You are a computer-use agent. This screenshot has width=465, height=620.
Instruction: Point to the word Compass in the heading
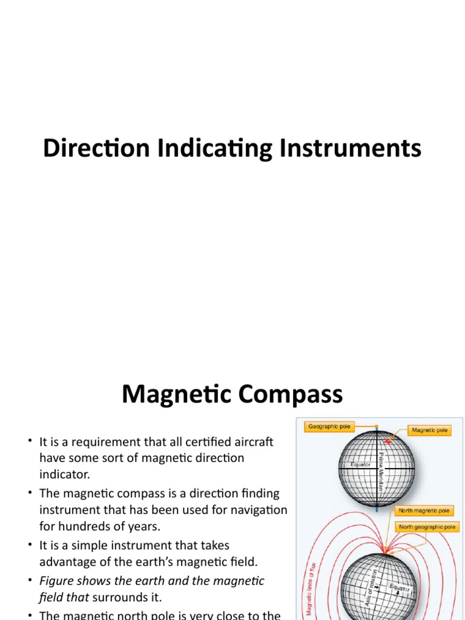point(293,395)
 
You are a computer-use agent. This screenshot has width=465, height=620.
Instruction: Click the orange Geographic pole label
point(329,426)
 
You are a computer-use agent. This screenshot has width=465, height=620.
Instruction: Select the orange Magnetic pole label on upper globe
point(430,430)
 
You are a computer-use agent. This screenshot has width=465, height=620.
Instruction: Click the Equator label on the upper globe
point(360,465)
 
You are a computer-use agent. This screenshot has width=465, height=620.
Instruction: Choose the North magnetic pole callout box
point(424,511)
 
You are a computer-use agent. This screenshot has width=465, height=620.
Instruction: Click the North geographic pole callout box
point(427,527)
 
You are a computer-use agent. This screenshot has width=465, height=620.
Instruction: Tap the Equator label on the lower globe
point(399,588)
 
